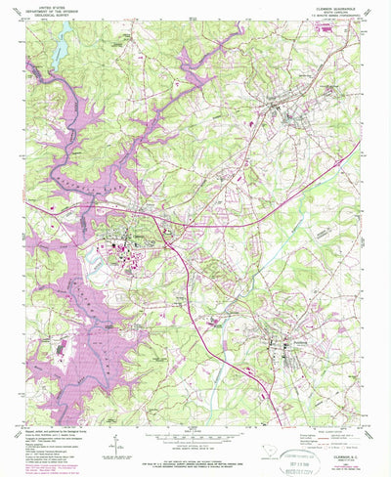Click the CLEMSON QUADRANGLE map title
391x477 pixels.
coord(334,6)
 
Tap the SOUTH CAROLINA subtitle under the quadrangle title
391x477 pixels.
coord(334,11)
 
